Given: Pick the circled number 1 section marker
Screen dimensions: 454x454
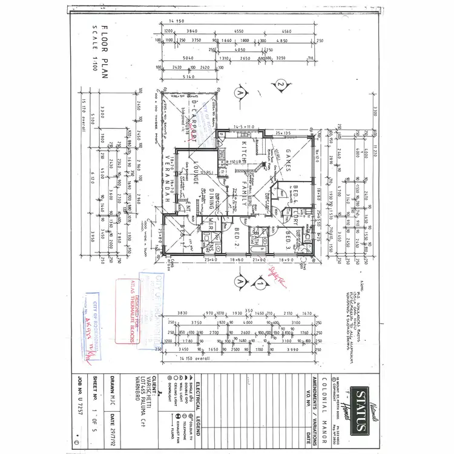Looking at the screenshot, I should point(260,282).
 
